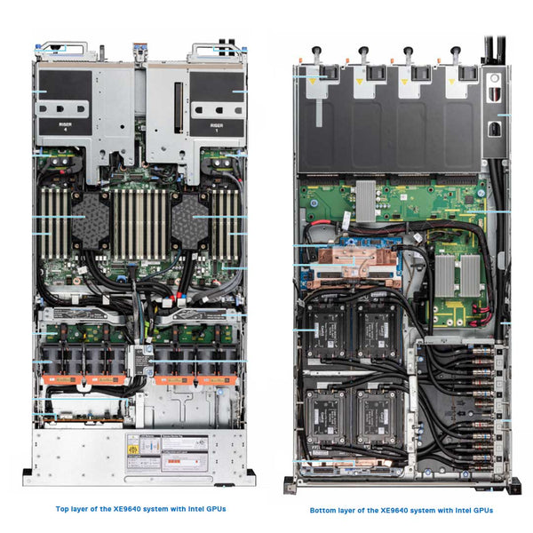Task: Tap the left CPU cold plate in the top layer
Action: pos(90,220)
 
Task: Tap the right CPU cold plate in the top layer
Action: pos(188,220)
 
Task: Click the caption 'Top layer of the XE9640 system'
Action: pos(140,509)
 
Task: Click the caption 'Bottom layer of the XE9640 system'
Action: pos(401,510)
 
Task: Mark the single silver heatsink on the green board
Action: pos(366,201)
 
